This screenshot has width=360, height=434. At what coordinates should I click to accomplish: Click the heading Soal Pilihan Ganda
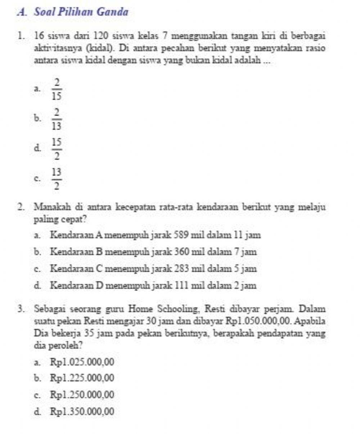pyautogui.click(x=81, y=12)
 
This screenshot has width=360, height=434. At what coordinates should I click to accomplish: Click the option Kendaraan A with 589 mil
pyautogui.click(x=155, y=236)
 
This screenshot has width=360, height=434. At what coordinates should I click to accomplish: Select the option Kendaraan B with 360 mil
pyautogui.click(x=153, y=252)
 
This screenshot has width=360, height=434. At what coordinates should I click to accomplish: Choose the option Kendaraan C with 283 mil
pyautogui.click(x=153, y=269)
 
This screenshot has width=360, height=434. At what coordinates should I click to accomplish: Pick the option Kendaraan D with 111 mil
pyautogui.click(x=153, y=286)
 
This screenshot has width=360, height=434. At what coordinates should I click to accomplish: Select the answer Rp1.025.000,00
pyautogui.click(x=82, y=362)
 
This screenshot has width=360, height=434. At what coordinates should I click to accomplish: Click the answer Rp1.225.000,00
pyautogui.click(x=82, y=378)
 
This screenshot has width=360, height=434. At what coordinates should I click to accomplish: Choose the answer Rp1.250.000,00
pyautogui.click(x=82, y=395)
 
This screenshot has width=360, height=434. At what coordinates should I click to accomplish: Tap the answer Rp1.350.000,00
pyautogui.click(x=82, y=411)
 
